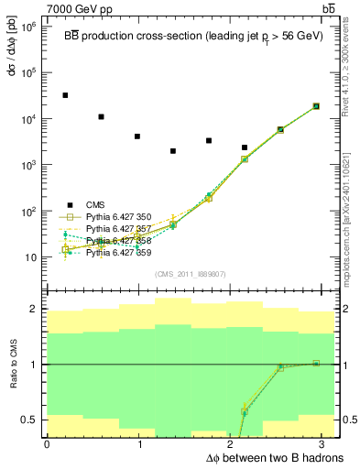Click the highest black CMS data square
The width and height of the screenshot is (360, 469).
point(65,95)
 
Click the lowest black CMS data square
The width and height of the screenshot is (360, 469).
point(173,151)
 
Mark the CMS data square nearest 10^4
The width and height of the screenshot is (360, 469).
point(101,117)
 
